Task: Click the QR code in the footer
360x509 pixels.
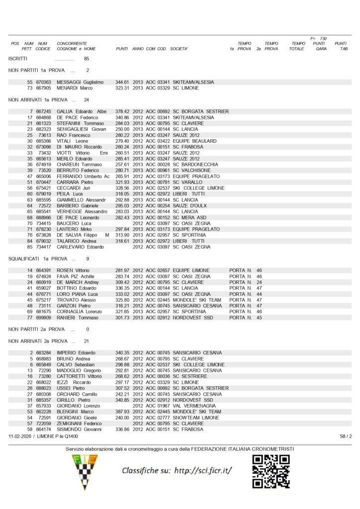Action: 271,471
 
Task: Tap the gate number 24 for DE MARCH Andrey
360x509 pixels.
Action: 259,282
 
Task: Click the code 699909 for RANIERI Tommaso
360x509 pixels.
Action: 43,318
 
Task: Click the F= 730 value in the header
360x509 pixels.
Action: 318,38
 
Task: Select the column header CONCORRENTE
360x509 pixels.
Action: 72,44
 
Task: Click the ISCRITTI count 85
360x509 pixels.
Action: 87,58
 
